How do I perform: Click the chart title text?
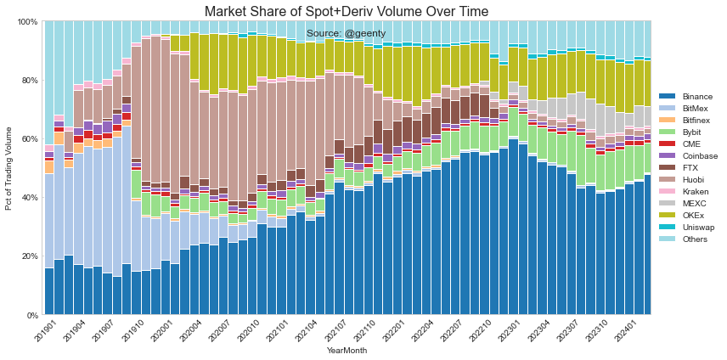[347, 11]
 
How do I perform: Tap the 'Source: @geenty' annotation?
[346, 33]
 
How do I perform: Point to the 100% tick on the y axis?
[27, 21]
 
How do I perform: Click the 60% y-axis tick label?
[30, 138]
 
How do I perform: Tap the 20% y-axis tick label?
[30, 256]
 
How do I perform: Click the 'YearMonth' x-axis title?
[347, 351]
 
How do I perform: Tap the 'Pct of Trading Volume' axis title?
[9, 168]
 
